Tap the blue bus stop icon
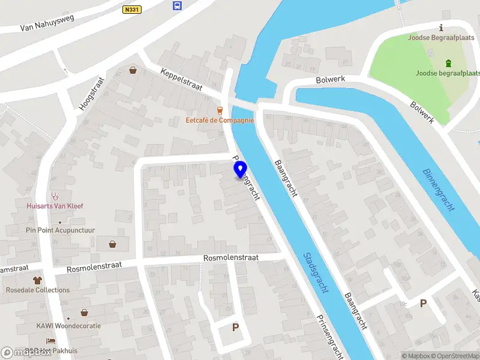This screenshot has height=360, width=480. tap(177, 6)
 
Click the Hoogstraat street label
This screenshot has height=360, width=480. tap(91, 93)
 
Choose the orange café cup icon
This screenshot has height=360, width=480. tap(220, 110)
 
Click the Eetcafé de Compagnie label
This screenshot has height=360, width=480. tap(220, 120)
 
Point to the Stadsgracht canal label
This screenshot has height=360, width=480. tap(316, 272)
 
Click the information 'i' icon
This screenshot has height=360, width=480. tap(442, 27)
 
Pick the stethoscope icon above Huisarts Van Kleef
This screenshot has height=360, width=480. tap(55, 195)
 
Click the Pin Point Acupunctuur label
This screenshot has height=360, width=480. tap(61, 230)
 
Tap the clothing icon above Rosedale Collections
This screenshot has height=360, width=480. tap(37, 280)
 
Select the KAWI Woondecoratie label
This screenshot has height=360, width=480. tap(68, 326)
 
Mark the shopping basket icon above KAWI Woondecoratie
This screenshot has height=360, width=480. tap(84, 313)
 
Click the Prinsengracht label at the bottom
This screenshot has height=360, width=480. tap(329, 336)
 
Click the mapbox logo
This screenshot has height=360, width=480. tap(26, 353)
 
